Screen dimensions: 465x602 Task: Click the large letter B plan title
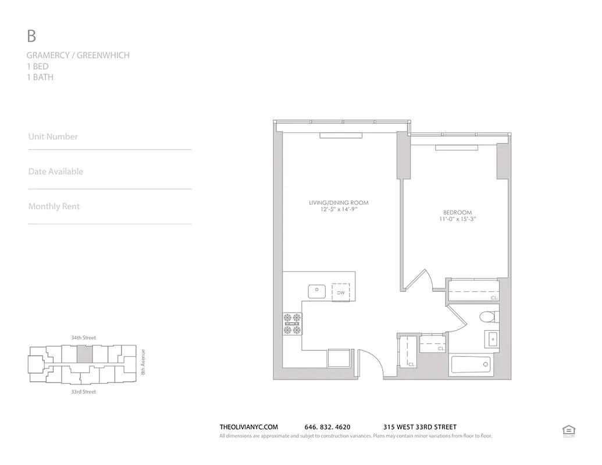click(x=31, y=36)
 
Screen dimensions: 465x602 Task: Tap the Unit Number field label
click(x=53, y=137)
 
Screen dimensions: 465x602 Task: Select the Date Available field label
click(x=56, y=171)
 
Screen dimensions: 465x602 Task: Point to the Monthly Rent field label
click(x=54, y=206)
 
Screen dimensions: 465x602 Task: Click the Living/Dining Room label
click(x=339, y=203)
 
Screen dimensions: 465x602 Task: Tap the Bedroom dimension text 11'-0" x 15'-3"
click(x=458, y=220)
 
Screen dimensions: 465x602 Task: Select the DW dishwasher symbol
click(x=341, y=292)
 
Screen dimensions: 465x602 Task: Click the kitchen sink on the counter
click(x=317, y=291)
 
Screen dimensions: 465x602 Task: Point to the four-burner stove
click(x=293, y=324)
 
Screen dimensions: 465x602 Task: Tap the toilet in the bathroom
click(x=487, y=317)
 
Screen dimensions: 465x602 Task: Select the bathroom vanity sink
click(x=492, y=339)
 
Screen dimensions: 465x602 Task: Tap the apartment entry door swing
click(x=370, y=364)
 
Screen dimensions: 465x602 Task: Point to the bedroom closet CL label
click(x=494, y=298)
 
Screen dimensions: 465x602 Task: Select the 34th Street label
click(x=83, y=338)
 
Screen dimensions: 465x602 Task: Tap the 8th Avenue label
click(x=143, y=362)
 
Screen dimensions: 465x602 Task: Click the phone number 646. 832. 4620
click(x=327, y=427)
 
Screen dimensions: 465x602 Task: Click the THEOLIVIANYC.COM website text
click(x=249, y=427)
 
